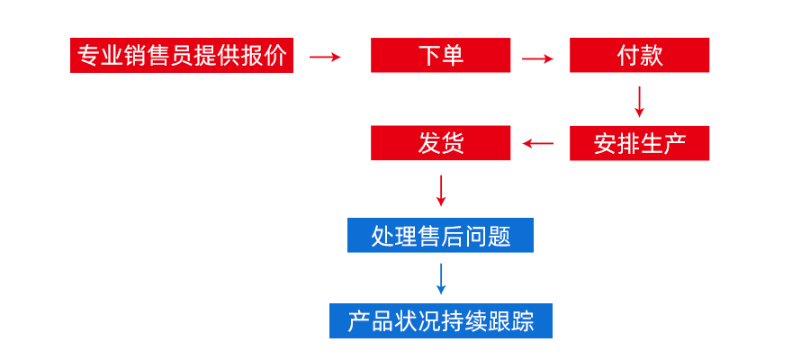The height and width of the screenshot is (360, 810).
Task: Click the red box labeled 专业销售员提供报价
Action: click(x=182, y=56)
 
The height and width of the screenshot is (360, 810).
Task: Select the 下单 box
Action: click(x=440, y=56)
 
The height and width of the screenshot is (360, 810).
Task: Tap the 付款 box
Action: click(x=639, y=56)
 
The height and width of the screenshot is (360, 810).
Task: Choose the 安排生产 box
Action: click(x=639, y=143)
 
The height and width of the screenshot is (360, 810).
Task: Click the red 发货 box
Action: click(x=440, y=143)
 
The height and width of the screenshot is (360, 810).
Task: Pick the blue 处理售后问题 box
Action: click(x=440, y=236)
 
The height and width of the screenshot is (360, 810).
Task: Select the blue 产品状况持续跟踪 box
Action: click(x=440, y=321)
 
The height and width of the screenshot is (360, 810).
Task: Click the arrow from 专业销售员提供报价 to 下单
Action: click(x=325, y=57)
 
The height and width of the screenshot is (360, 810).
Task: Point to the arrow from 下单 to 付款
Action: click(x=537, y=58)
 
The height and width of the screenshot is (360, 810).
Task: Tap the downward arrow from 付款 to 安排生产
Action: click(x=639, y=101)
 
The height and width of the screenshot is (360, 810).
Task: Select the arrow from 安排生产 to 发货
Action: click(x=539, y=143)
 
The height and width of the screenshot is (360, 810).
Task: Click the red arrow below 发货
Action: click(x=440, y=189)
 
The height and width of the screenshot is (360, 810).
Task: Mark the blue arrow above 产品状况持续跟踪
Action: click(x=440, y=278)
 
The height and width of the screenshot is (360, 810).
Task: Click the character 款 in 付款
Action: click(x=652, y=56)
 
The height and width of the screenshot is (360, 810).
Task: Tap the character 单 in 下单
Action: click(x=453, y=56)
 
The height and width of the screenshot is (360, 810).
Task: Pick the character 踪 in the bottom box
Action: click(x=523, y=321)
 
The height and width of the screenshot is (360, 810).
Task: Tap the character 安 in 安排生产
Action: click(x=604, y=143)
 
